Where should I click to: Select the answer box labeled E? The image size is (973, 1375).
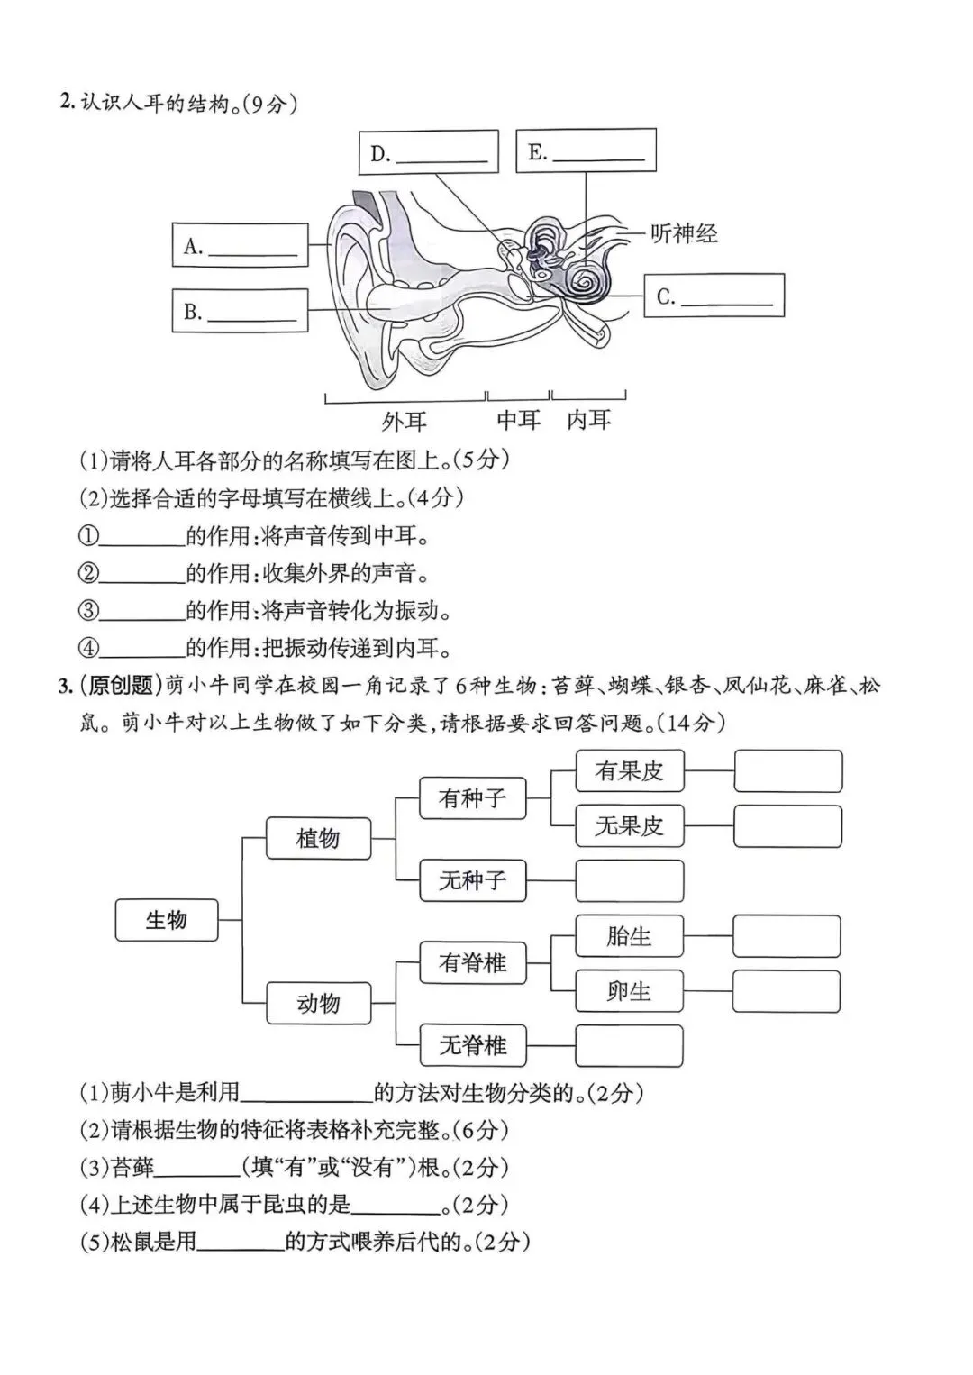(x=586, y=150)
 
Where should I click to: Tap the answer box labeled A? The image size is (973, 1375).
(x=240, y=246)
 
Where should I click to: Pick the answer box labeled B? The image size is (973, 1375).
(x=240, y=311)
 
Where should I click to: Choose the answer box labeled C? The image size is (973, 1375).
(x=714, y=296)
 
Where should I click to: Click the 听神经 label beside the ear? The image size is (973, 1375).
(x=684, y=234)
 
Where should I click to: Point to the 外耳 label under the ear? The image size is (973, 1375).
(x=405, y=421)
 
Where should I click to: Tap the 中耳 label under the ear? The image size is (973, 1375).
(x=518, y=420)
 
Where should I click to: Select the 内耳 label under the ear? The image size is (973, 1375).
(x=588, y=420)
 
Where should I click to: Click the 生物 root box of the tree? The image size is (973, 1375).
(x=167, y=920)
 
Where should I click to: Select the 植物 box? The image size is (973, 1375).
(x=318, y=838)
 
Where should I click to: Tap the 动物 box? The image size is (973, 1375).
(x=318, y=1003)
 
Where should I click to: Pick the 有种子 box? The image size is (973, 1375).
(x=472, y=797)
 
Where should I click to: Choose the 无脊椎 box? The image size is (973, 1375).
(x=472, y=1045)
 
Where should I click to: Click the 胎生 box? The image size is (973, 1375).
(x=629, y=936)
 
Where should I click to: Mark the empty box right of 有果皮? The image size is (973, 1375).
(x=787, y=771)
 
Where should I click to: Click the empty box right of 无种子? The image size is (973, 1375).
(x=629, y=880)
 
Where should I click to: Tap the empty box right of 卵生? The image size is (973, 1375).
(x=787, y=991)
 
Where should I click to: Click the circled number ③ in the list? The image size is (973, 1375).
(x=88, y=611)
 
